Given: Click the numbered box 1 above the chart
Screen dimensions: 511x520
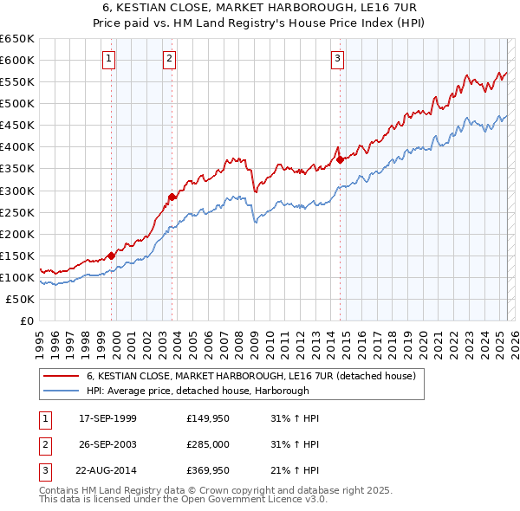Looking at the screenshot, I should point(108,59).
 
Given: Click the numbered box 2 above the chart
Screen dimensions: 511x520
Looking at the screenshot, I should point(169,59).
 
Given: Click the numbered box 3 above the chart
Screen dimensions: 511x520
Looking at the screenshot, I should point(336,59).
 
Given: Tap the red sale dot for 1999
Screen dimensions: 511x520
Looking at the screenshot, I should point(112,255).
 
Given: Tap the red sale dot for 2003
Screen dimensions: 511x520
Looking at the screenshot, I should point(172,197).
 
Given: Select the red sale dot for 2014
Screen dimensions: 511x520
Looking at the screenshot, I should point(340,159).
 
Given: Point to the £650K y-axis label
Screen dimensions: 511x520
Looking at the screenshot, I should point(17,39).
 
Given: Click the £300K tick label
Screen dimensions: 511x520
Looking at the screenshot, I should point(17,191).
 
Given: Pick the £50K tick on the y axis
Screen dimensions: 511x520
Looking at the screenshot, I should point(21,299).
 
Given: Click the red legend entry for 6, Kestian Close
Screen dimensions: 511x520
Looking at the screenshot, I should point(251,377).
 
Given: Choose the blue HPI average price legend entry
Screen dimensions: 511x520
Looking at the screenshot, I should point(198,391).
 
